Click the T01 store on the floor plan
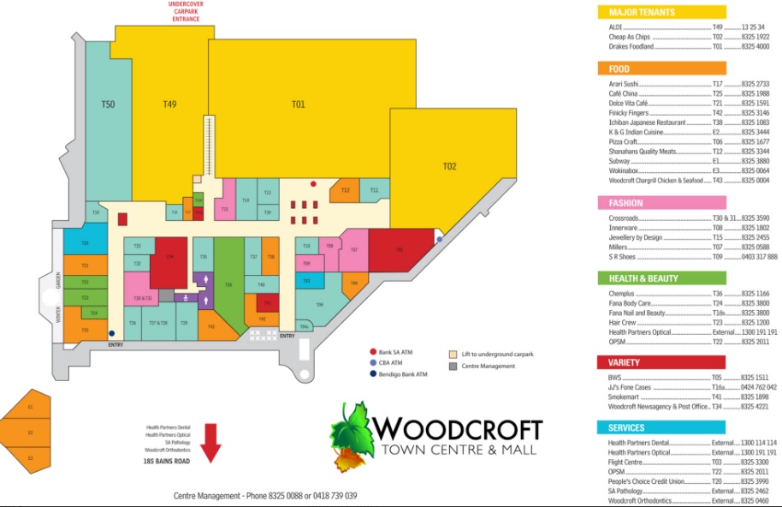[297, 104]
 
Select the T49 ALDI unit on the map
[169, 104]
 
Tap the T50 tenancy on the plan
[108, 104]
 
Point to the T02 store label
[450, 165]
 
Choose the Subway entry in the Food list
[618, 161]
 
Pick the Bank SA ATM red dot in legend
[373, 352]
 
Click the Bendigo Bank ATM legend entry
[373, 374]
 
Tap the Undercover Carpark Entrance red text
[186, 11]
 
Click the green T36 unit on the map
[228, 283]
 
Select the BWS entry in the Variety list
[615, 377]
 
